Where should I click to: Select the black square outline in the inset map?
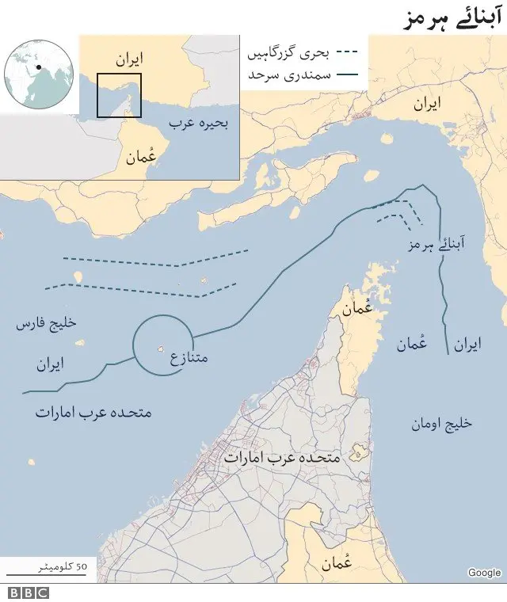pyautogui.click(x=119, y=95)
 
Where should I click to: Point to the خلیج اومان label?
pyautogui.click(x=440, y=424)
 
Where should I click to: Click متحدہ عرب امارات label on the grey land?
pyautogui.click(x=282, y=458)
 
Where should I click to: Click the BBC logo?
pyautogui.click(x=29, y=592)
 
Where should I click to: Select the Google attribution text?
pyautogui.click(x=483, y=573)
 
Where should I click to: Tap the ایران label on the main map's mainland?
pyautogui.click(x=426, y=105)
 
